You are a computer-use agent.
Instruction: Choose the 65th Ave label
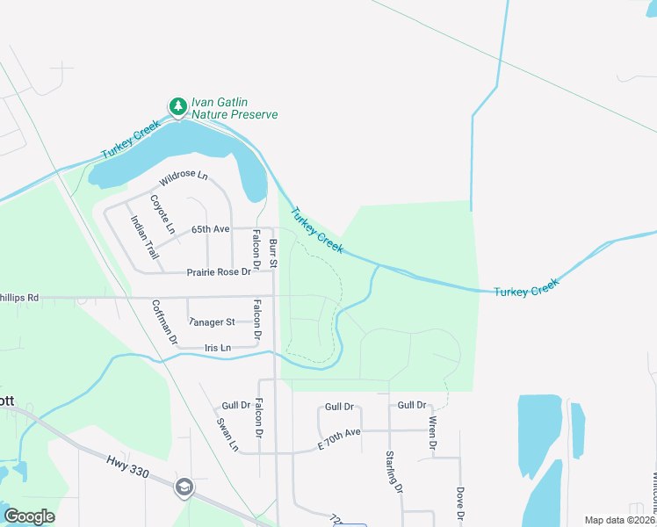[x=210, y=229]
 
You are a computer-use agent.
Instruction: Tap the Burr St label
[x=273, y=253]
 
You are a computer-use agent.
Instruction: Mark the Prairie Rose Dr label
[x=219, y=272]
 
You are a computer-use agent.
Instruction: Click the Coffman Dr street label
[x=164, y=321]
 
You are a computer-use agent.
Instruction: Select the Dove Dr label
[x=458, y=504]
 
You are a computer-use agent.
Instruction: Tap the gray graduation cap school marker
[x=184, y=488]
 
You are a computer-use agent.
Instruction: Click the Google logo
[x=29, y=516]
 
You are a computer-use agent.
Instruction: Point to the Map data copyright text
[x=620, y=520]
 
